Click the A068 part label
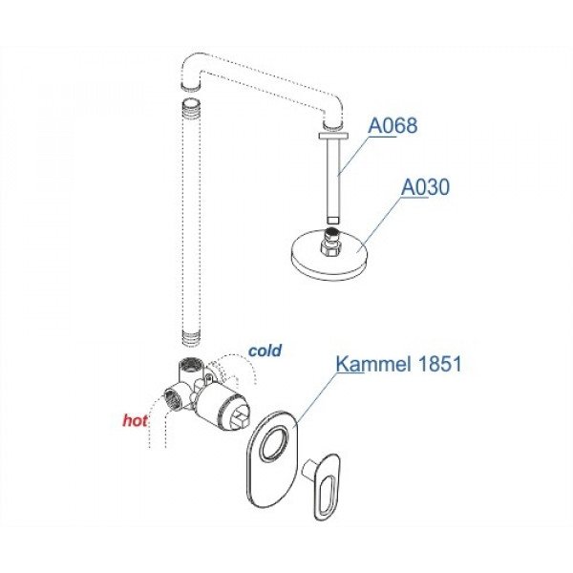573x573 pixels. (x=393, y=126)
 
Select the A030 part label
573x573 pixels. (x=424, y=189)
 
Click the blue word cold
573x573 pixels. (x=265, y=350)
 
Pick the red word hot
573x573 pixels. (x=135, y=418)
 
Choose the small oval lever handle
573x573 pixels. (x=325, y=482)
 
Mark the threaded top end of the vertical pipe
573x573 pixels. (x=192, y=106)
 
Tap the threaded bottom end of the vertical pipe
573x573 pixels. (x=192, y=336)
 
